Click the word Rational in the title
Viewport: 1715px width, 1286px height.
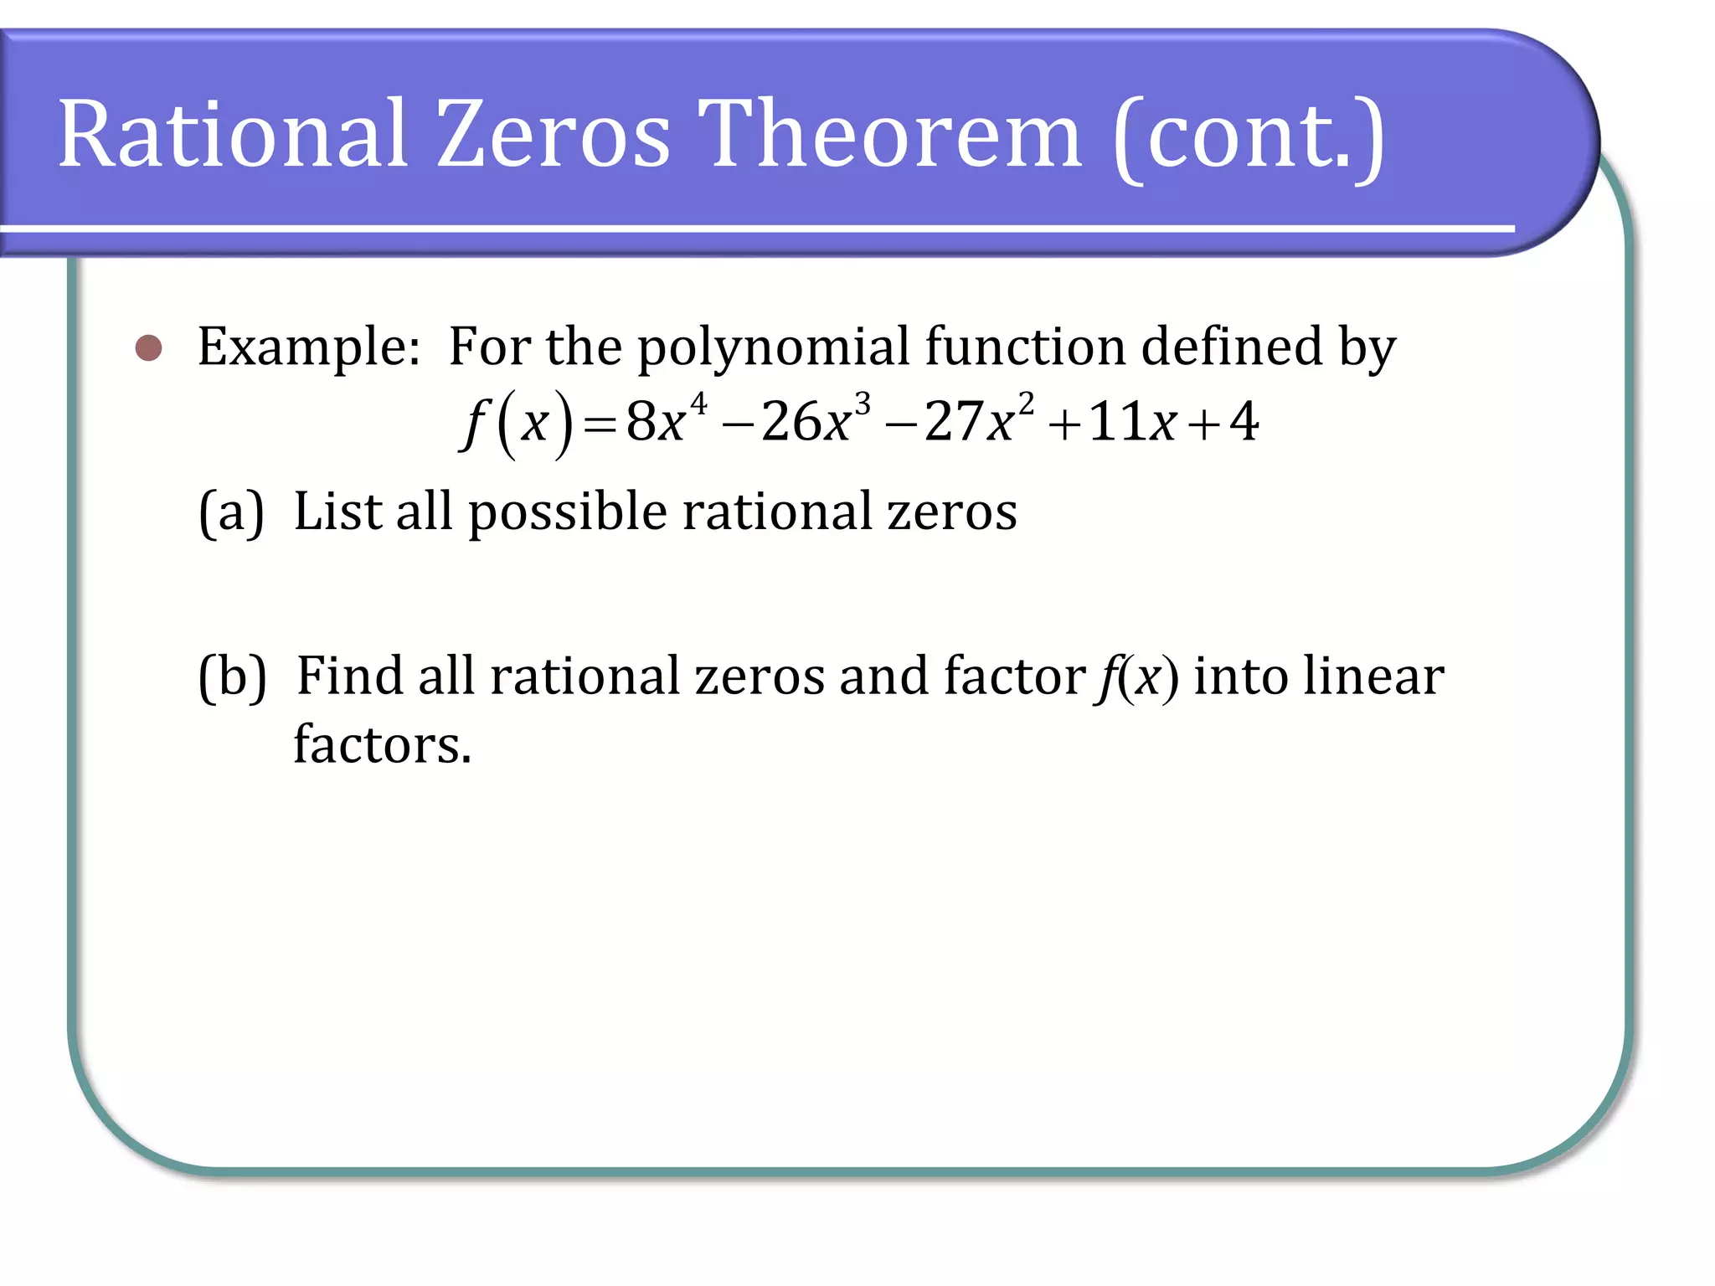(233, 134)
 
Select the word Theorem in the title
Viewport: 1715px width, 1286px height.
(889, 134)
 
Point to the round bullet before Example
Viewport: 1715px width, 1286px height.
(149, 348)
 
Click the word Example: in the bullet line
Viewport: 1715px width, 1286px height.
(309, 347)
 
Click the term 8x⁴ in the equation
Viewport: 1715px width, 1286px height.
(667, 420)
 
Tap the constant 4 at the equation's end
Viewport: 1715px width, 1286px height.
(1244, 422)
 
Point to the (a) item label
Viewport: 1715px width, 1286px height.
(231, 512)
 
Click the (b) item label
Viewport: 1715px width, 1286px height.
(232, 676)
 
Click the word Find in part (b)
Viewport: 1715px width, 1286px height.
(349, 676)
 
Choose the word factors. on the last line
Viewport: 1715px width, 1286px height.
(383, 744)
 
